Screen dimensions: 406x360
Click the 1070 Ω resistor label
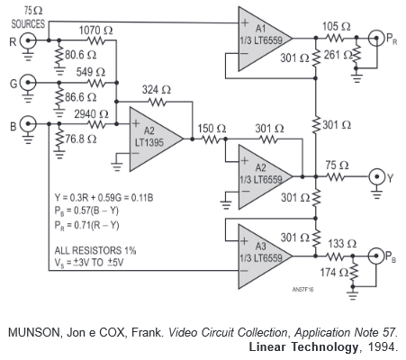95,31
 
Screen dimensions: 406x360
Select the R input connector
28,40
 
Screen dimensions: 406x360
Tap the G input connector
28,83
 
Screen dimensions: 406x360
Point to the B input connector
28,123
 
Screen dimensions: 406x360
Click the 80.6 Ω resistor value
81,55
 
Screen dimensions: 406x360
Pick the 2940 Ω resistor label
91,114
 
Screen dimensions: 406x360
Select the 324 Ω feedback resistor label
156,89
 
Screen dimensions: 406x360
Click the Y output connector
377,177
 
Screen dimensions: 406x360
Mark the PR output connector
376,38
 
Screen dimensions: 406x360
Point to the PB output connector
375,256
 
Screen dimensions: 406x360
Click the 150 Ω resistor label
212,129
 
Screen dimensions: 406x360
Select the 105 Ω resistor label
337,26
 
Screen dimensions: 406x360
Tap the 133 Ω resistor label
342,244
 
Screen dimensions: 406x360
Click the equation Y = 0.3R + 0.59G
89,198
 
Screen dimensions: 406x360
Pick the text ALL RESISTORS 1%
95,250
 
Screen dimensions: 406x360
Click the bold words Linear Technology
303,346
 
